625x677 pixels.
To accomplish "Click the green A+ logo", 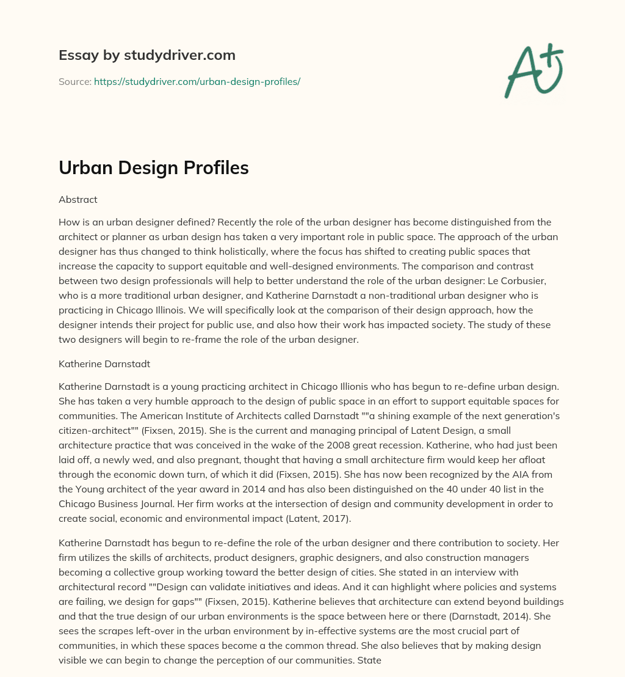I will point(533,70).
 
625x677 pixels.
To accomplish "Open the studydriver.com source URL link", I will point(197,81).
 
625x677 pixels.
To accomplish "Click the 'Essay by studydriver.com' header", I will point(147,55).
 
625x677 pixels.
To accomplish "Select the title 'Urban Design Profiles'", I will point(154,168).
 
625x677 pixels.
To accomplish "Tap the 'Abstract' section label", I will point(78,199).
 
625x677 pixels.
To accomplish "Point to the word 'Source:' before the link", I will point(75,81).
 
